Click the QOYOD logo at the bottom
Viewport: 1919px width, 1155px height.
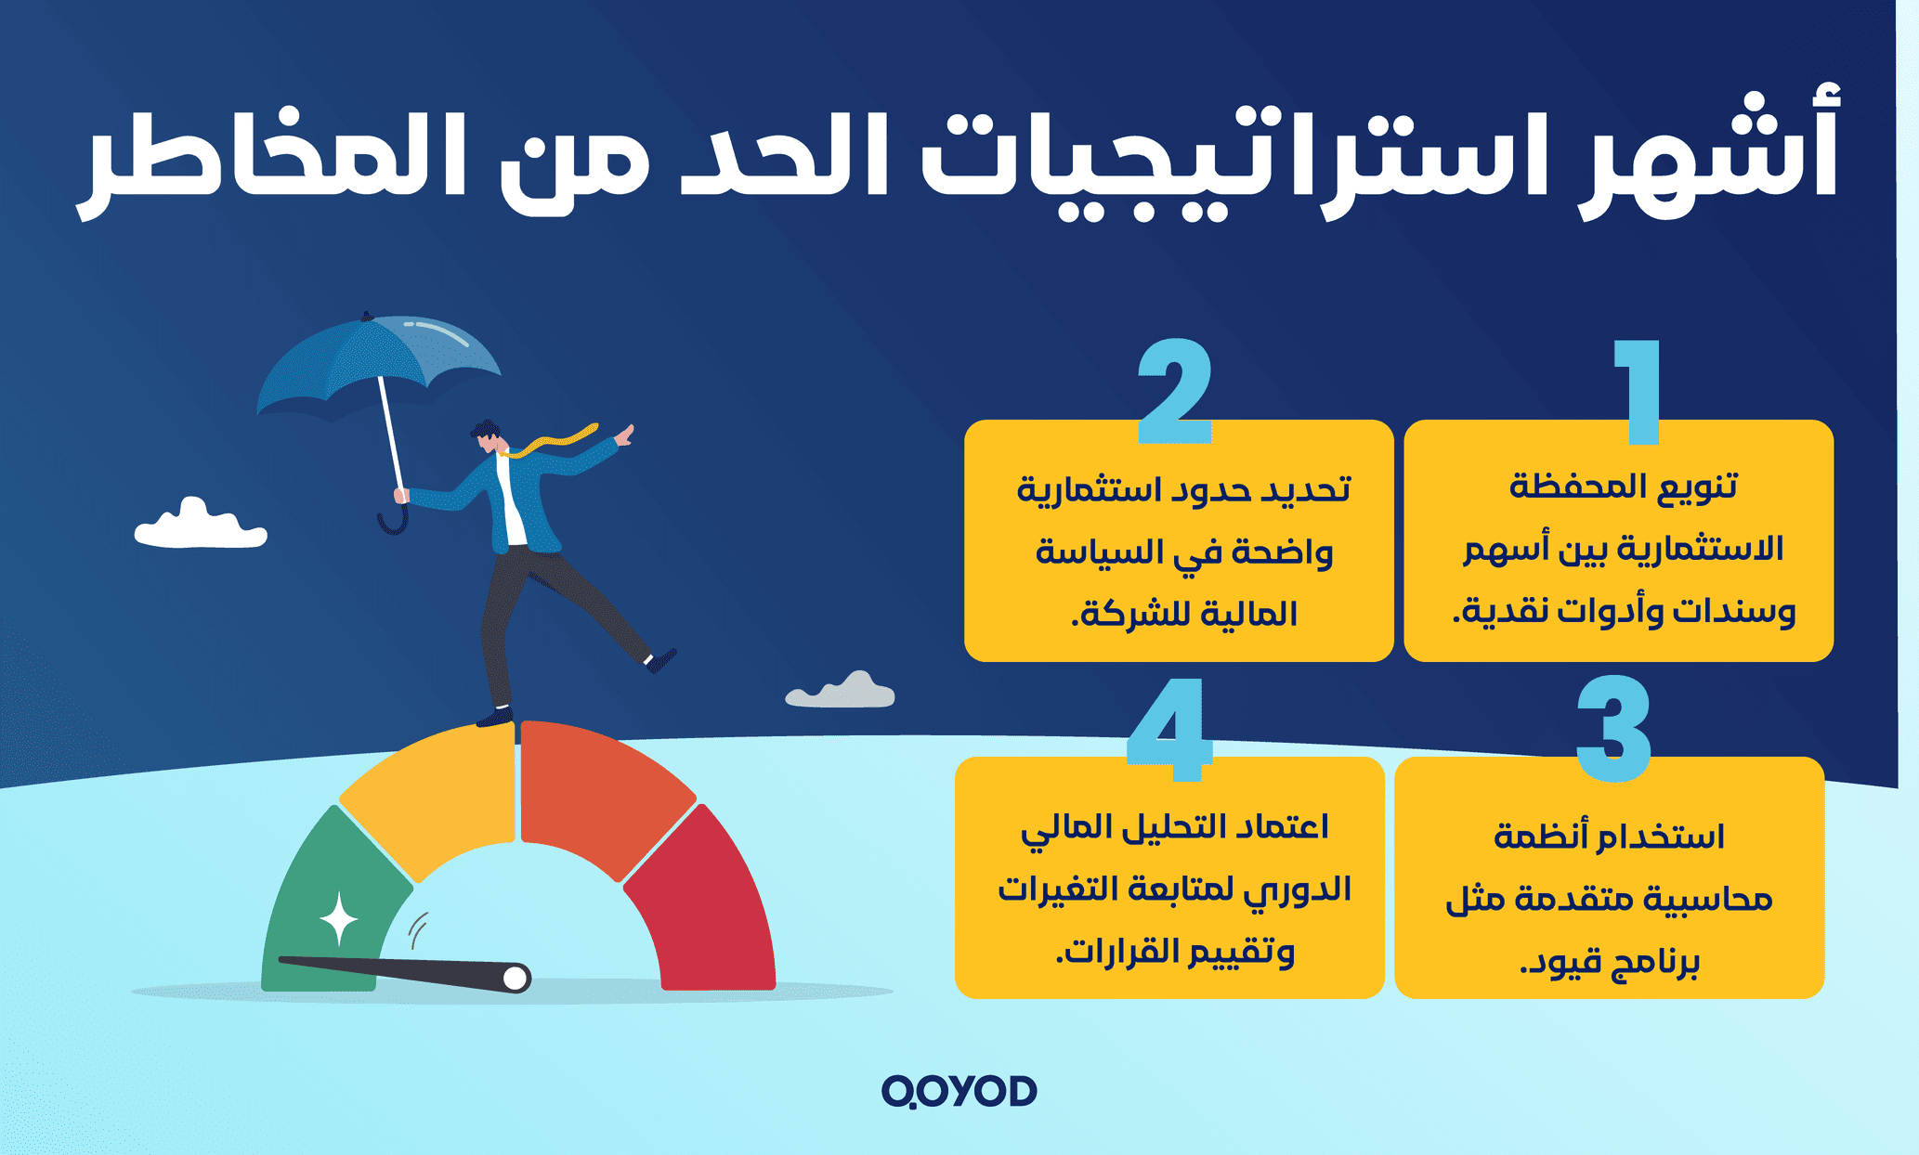click(959, 1091)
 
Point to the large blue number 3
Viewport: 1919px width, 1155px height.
click(1614, 729)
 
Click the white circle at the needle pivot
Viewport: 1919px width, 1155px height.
click(515, 978)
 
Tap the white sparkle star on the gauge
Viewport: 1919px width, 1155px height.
click(339, 919)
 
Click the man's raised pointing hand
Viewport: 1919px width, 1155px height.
click(625, 435)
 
